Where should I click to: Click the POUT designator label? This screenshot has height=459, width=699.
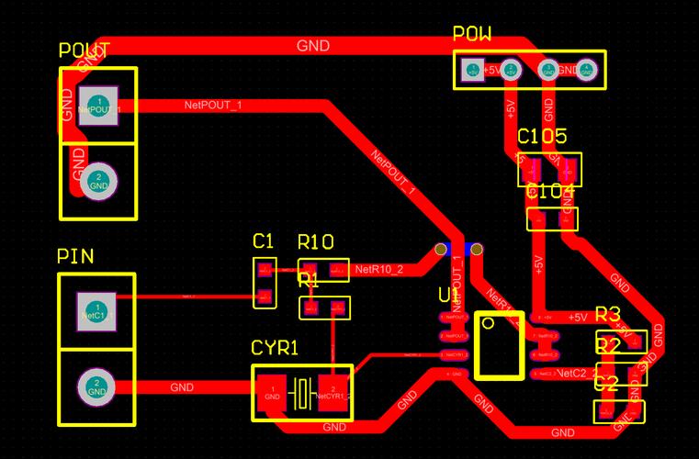click(x=85, y=50)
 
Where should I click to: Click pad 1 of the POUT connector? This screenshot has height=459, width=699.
click(x=98, y=106)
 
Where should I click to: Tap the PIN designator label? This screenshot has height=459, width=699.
click(x=75, y=256)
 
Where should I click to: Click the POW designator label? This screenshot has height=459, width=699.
click(x=472, y=35)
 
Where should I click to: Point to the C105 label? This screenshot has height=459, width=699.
click(x=542, y=137)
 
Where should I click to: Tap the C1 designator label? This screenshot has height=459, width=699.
click(x=264, y=241)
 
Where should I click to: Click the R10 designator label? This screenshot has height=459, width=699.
click(x=315, y=242)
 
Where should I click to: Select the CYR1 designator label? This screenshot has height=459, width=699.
click(x=275, y=349)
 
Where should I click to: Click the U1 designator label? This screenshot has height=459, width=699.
click(x=448, y=296)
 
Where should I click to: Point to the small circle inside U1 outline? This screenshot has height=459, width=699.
click(x=489, y=323)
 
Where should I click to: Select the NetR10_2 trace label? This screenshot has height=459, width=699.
click(x=378, y=270)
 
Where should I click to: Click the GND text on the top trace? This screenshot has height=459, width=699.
click(x=313, y=45)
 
